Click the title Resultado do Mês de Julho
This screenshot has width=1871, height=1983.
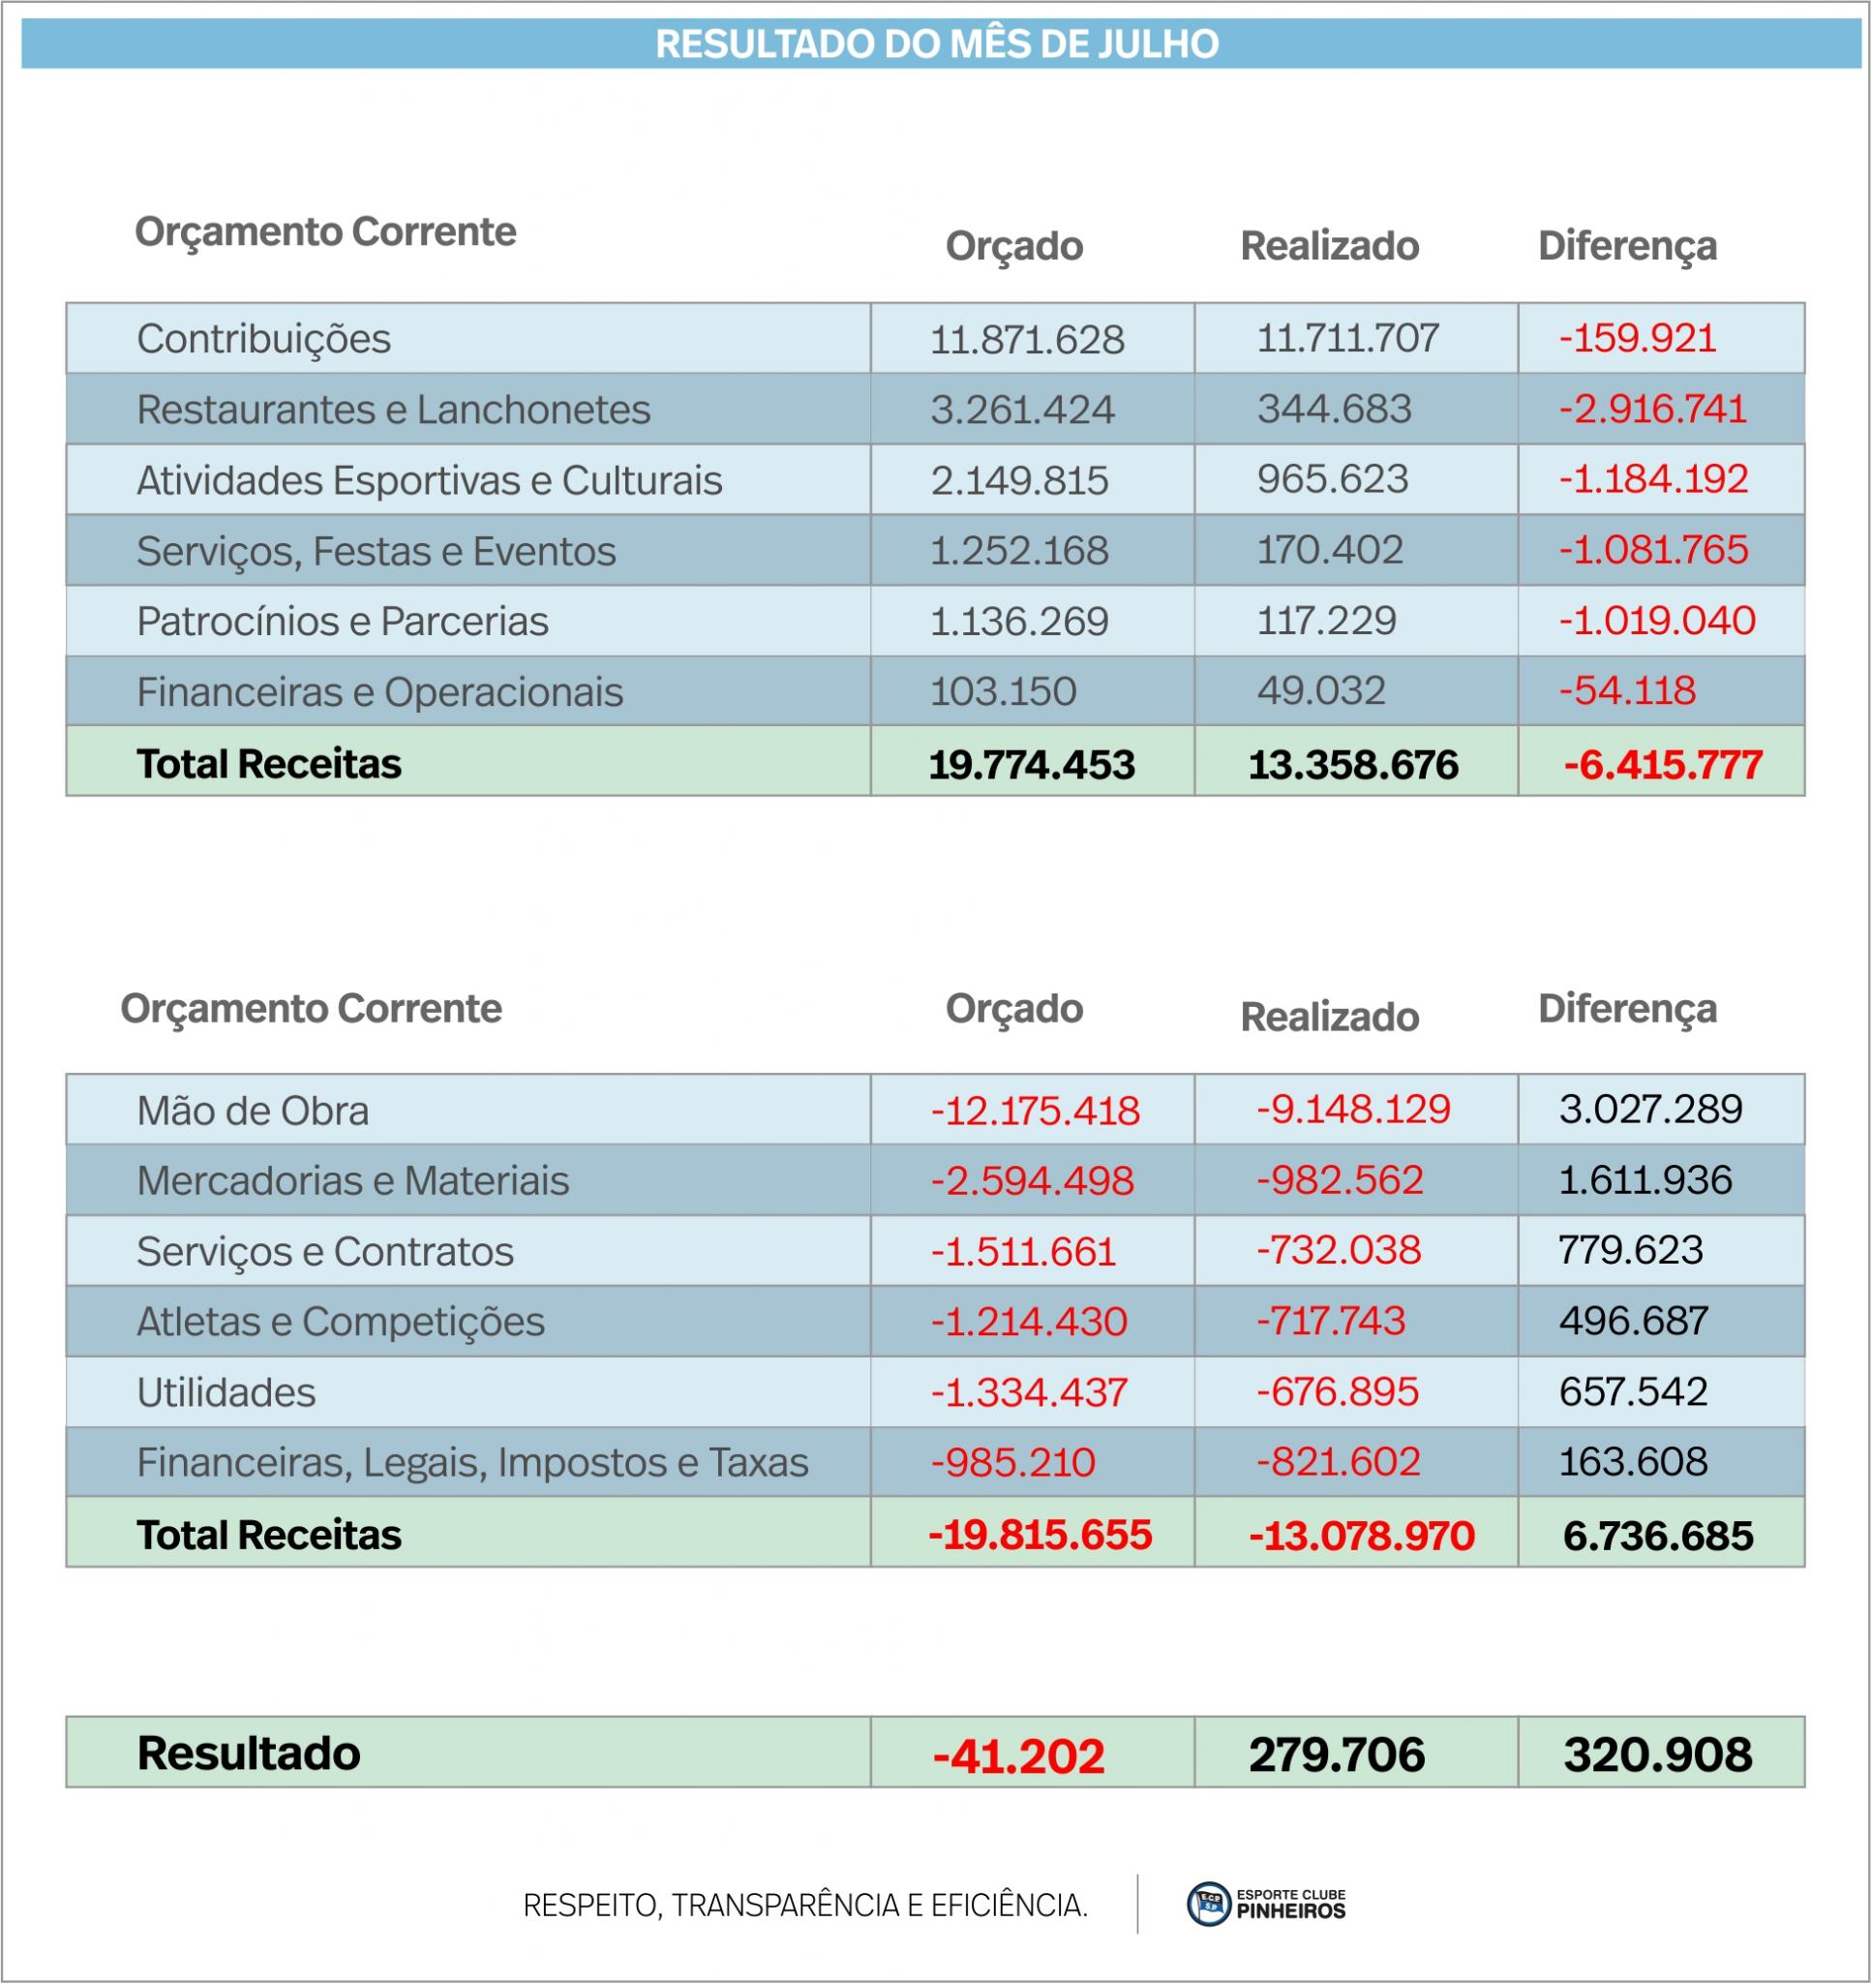(x=937, y=45)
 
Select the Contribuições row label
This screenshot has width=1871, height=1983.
(x=263, y=339)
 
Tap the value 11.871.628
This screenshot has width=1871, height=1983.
(x=1026, y=340)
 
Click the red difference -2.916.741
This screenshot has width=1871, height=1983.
(x=1652, y=409)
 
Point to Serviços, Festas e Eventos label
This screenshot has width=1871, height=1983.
(x=376, y=552)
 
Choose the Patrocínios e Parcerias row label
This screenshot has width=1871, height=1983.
(x=342, y=622)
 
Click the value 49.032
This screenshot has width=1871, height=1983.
(x=1320, y=690)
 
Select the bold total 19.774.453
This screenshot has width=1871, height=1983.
(x=1031, y=765)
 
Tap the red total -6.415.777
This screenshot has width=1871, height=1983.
(x=1663, y=765)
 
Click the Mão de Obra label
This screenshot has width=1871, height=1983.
(x=253, y=1111)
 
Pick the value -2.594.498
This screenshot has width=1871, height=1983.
(x=1032, y=1181)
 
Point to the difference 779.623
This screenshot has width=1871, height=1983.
(x=1630, y=1250)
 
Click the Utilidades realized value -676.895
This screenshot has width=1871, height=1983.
(x=1337, y=1391)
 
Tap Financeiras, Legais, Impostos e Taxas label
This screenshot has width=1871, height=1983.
(x=471, y=1463)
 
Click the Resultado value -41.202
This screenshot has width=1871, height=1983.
(x=1018, y=1756)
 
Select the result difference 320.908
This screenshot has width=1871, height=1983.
(x=1657, y=1755)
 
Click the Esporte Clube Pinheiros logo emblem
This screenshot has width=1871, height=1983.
(x=1209, y=1905)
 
